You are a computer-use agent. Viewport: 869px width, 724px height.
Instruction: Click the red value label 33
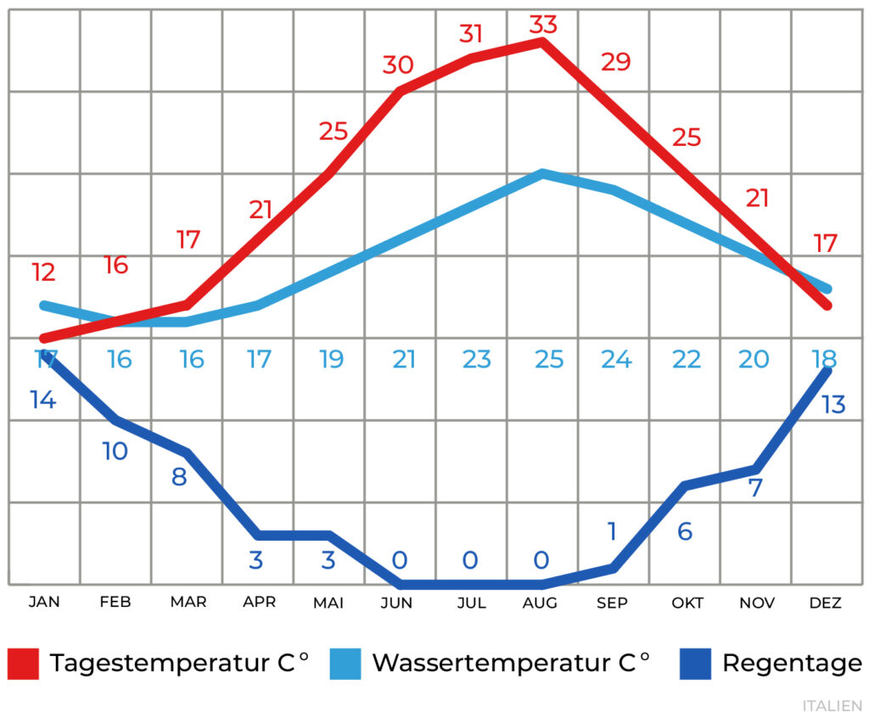(543, 25)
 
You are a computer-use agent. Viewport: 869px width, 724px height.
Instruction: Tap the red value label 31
(471, 34)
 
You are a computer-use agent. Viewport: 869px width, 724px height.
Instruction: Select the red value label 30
(397, 65)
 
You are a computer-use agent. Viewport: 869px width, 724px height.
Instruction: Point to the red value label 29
(615, 62)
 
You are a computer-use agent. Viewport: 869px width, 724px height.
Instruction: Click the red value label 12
(43, 272)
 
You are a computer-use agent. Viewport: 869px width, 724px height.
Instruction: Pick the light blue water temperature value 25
(549, 359)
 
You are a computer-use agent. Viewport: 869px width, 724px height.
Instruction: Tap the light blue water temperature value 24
(617, 359)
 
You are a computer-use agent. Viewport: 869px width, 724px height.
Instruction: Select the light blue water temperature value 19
(332, 359)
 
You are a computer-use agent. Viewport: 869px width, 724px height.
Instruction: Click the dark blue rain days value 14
(43, 399)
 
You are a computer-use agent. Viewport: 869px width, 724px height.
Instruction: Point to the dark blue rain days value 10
(115, 451)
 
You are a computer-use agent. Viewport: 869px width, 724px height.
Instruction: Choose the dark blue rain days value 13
(833, 405)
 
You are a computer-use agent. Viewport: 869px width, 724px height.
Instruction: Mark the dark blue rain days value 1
(613, 531)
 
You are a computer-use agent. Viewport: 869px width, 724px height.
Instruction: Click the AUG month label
(541, 603)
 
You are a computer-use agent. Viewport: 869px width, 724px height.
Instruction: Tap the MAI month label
(328, 603)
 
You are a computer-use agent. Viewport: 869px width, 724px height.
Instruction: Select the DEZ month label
(825, 603)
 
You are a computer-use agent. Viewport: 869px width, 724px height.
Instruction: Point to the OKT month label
(687, 603)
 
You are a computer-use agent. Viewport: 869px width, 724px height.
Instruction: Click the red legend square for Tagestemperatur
(23, 663)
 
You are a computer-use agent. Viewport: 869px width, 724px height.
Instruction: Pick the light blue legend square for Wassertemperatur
(345, 663)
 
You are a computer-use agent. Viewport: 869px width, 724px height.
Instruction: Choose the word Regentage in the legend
(792, 663)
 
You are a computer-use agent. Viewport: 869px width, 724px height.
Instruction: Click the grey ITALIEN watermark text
(832, 706)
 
